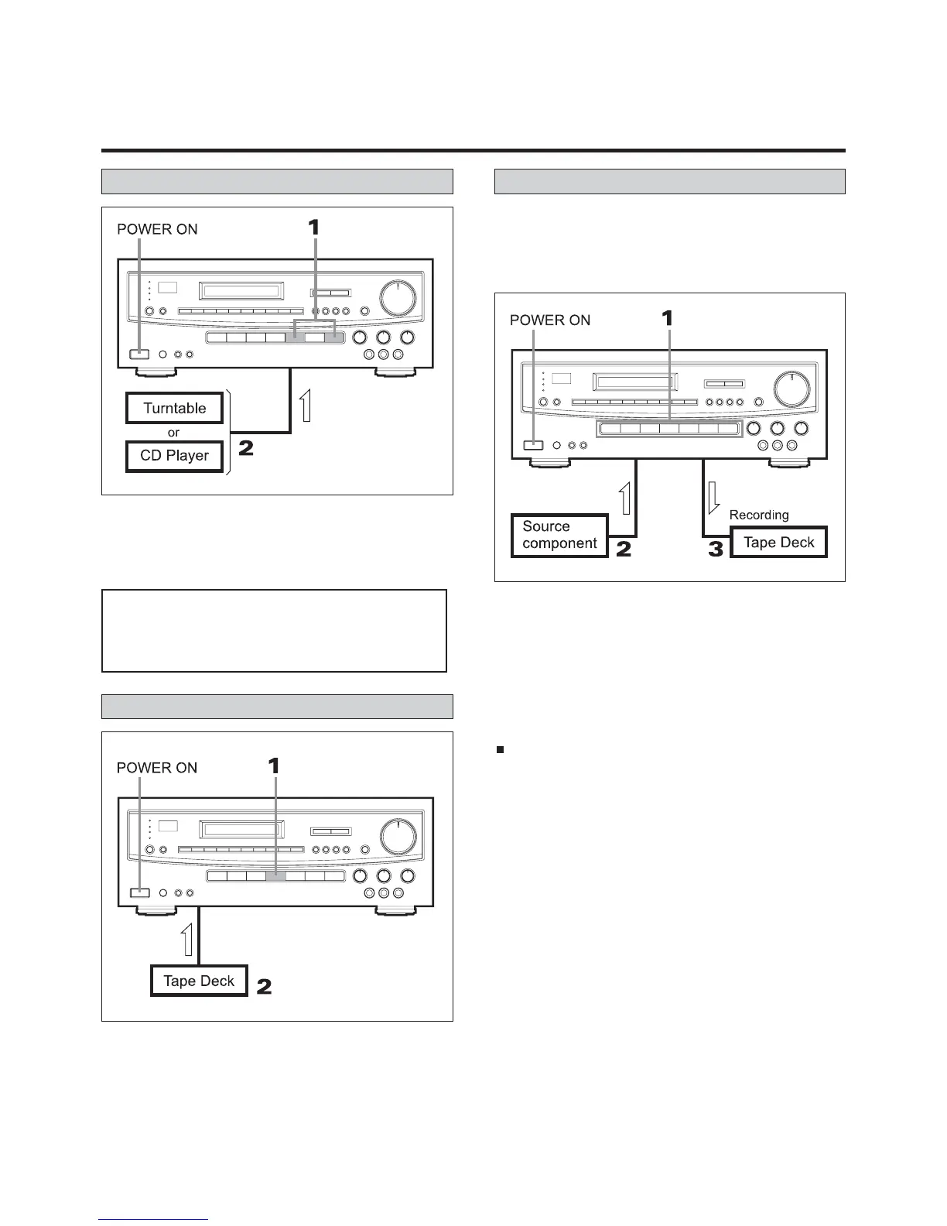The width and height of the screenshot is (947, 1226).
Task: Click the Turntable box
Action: (x=174, y=408)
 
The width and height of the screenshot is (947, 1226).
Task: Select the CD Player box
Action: (x=174, y=456)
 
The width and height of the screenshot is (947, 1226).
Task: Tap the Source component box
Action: (x=559, y=535)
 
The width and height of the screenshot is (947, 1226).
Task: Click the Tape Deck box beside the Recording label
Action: (x=778, y=543)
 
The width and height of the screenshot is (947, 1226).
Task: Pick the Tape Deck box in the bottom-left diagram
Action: (x=199, y=981)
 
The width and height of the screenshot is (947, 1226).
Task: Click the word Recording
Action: (x=759, y=515)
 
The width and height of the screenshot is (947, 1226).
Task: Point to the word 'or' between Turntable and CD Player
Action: (x=173, y=433)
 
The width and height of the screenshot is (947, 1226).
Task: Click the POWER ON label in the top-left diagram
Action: (x=157, y=229)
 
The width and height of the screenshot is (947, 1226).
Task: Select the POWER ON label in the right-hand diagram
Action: (x=550, y=320)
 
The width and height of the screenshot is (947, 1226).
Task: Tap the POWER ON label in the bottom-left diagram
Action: (x=157, y=768)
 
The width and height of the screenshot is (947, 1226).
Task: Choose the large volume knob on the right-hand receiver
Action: (x=791, y=389)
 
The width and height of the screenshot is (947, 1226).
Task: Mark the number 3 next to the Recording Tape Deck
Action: (x=716, y=550)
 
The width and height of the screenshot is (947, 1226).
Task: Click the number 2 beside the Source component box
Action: (x=624, y=550)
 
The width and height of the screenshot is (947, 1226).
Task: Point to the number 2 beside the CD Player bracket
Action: (x=246, y=448)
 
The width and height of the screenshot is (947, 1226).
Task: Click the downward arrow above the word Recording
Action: (x=713, y=498)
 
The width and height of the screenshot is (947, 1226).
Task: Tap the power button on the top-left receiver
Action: (x=139, y=354)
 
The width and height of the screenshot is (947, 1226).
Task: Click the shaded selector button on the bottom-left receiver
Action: (x=276, y=876)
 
